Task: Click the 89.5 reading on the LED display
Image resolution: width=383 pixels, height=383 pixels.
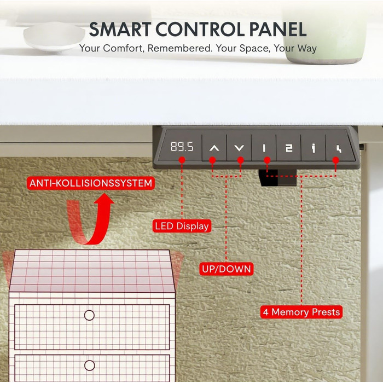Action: (182, 147)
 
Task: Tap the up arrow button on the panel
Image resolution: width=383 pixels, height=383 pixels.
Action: (214, 148)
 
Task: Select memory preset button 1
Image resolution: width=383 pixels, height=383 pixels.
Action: (264, 148)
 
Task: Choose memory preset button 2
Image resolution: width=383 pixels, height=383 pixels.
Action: (289, 148)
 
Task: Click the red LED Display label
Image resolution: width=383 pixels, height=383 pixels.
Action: (182, 226)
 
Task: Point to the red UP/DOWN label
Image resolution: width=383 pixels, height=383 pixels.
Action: (227, 269)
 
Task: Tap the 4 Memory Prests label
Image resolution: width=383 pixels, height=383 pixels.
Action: (301, 312)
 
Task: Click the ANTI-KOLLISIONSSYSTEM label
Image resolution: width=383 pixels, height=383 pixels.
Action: (91, 183)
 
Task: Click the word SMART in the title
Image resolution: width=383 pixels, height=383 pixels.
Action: (120, 30)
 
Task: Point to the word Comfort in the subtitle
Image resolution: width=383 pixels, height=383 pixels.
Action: (122, 48)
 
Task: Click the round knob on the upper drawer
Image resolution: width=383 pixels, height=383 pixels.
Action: (89, 315)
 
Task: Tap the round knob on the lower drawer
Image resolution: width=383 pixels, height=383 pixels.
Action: (89, 365)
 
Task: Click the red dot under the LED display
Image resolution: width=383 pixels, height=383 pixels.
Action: (182, 160)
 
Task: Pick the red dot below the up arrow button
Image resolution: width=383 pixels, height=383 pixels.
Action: (212, 160)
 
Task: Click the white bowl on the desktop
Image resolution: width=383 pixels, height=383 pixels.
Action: (54, 36)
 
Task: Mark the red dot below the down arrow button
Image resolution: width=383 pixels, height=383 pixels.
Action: (241, 160)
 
